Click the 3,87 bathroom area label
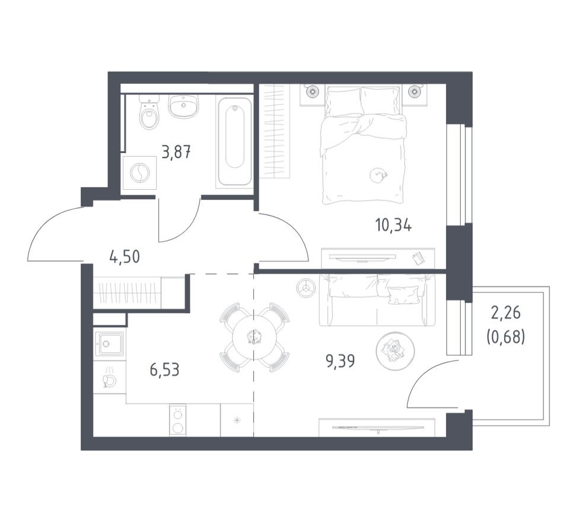coord(176,151)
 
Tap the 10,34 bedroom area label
coord(393,225)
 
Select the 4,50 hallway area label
coord(125,257)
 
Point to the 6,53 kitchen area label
coord(164,369)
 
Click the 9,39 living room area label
coord(340,361)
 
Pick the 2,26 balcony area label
coord(506,313)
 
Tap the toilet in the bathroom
coord(149,112)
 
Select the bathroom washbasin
coord(183,106)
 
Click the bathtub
coord(235,142)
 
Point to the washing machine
coord(140,173)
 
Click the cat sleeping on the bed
coord(378,174)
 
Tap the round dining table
coord(254,337)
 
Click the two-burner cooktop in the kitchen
coord(178,420)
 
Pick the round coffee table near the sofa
coord(395,350)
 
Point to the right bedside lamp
coord(415,91)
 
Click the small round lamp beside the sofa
coord(305,287)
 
